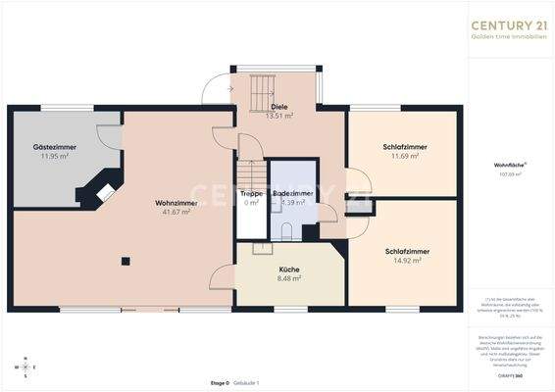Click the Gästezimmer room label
click(x=54, y=147)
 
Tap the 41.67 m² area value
click(x=177, y=212)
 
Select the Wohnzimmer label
click(x=177, y=203)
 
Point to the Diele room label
click(x=279, y=107)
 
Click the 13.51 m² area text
click(x=279, y=116)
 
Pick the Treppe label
click(x=251, y=194)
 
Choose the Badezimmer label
click(x=293, y=194)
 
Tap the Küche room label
click(x=288, y=269)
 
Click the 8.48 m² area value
click(x=288, y=278)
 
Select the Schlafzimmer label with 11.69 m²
click(x=404, y=147)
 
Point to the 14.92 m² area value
click(x=404, y=260)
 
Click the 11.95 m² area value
click(x=54, y=156)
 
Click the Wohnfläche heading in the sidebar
click(x=507, y=166)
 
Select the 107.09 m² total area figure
click(x=507, y=174)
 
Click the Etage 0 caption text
click(x=220, y=381)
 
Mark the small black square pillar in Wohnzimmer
click(x=126, y=261)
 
